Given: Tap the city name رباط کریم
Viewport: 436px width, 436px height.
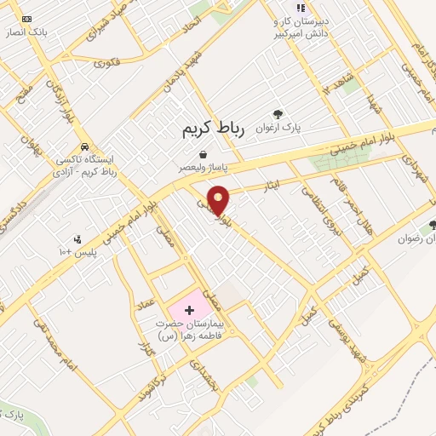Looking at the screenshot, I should click(x=213, y=129).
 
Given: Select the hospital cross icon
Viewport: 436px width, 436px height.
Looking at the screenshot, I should click(x=189, y=310).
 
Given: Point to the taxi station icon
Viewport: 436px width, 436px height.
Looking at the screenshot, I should click(x=84, y=146).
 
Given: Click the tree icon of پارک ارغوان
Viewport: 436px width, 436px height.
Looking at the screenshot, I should click(x=278, y=114).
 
